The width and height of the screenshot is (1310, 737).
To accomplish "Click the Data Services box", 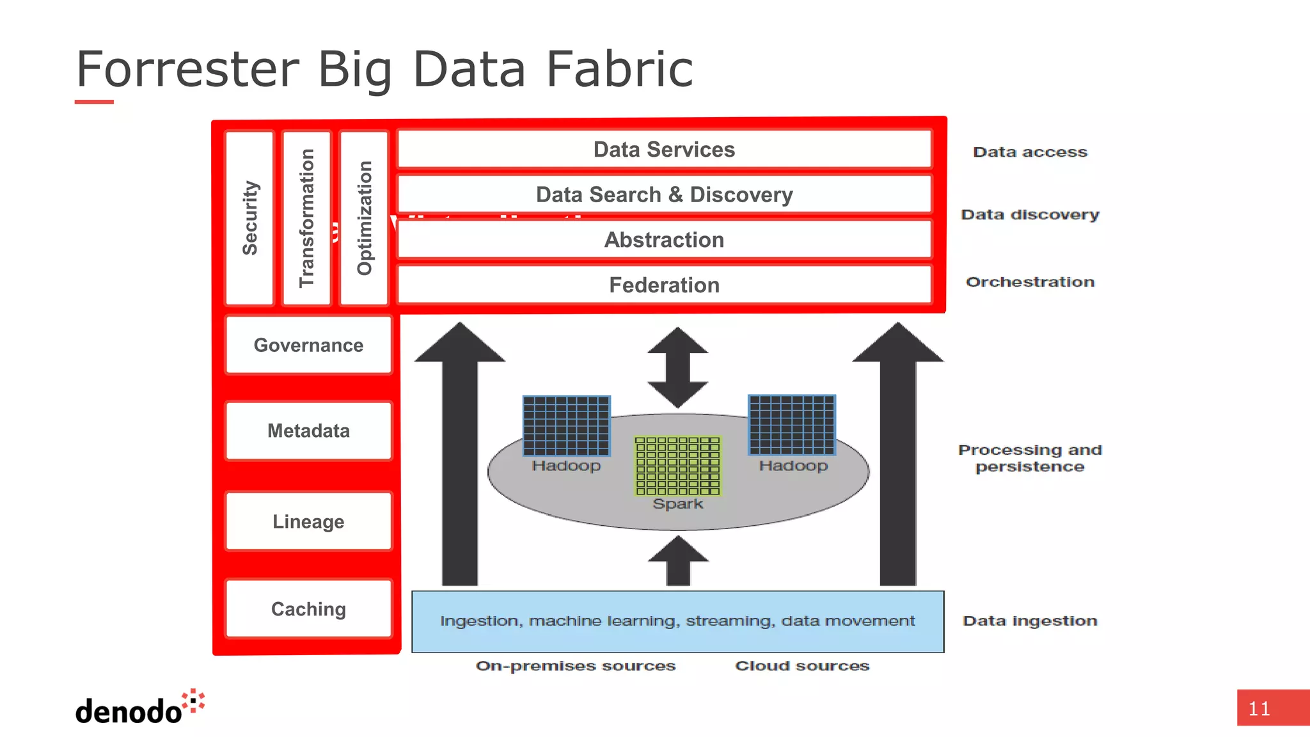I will pyautogui.click(x=664, y=150).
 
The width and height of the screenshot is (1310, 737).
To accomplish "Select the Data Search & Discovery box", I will pyautogui.click(x=664, y=194).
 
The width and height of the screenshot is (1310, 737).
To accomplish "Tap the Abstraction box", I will pyautogui.click(x=664, y=240).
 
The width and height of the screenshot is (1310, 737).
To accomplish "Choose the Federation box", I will pyautogui.click(x=664, y=285).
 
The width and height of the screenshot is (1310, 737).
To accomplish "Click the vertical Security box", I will pyautogui.click(x=249, y=218).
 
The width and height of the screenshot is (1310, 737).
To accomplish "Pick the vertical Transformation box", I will pyautogui.click(x=306, y=218).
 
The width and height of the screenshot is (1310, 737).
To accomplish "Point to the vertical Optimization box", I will pyautogui.click(x=364, y=218).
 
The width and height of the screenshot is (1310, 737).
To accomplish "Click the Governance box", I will pyautogui.click(x=308, y=345).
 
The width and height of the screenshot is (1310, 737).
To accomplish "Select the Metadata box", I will pyautogui.click(x=308, y=431).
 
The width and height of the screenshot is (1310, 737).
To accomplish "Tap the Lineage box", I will pyautogui.click(x=308, y=521).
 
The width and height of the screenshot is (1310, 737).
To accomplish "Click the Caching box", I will pyautogui.click(x=308, y=608).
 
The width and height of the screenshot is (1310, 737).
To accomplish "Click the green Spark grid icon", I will pyautogui.click(x=677, y=466).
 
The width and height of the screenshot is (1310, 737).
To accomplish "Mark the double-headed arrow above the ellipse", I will pyautogui.click(x=677, y=367).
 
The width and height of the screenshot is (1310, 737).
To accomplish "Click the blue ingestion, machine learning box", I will pyautogui.click(x=677, y=621).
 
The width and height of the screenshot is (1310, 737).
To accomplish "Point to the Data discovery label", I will pyautogui.click(x=1030, y=215).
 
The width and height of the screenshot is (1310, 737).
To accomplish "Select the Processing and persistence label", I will pyautogui.click(x=1030, y=458).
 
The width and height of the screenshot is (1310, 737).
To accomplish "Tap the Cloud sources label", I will pyautogui.click(x=802, y=666).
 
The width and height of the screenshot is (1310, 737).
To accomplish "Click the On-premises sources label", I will pyautogui.click(x=576, y=666).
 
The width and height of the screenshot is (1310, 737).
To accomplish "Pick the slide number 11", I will pyautogui.click(x=1259, y=709).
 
